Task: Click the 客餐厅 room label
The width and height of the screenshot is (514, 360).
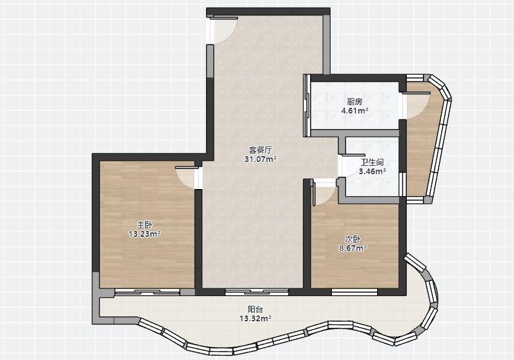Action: (261, 150)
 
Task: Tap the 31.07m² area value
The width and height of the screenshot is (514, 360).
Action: (261, 159)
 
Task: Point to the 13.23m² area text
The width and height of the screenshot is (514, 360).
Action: (145, 234)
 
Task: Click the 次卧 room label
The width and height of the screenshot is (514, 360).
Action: (353, 239)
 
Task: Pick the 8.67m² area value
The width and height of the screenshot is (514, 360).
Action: (353, 248)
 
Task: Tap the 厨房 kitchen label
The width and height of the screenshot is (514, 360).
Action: (355, 101)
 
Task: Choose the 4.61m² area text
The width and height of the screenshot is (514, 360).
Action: (355, 111)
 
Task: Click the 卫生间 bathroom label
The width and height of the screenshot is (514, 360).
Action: (372, 162)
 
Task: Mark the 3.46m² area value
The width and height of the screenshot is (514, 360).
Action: (372, 171)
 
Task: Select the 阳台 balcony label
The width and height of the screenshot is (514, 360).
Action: (255, 309)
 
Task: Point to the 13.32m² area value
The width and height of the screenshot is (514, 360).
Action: (255, 318)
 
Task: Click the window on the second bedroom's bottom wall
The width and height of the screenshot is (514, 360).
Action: (355, 292)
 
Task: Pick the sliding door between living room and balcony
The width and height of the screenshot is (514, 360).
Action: (256, 292)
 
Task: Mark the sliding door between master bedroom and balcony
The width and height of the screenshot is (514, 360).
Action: (147, 292)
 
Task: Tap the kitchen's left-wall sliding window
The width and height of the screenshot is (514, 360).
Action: (307, 105)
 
